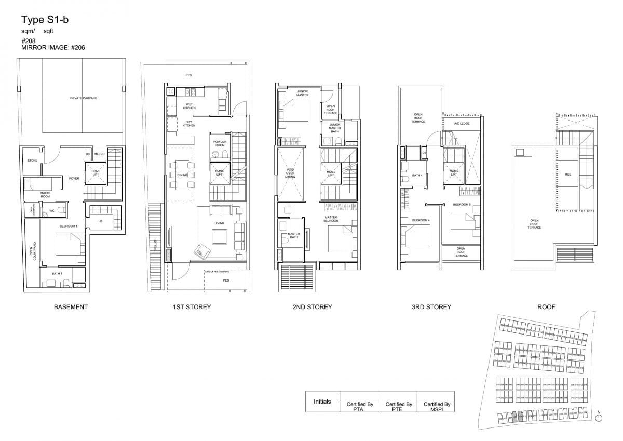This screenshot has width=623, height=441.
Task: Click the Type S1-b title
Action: (45, 20)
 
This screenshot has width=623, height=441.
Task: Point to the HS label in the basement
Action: (100, 221)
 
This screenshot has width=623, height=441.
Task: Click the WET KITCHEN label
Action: (189, 106)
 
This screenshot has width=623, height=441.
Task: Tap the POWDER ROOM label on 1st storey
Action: (220, 143)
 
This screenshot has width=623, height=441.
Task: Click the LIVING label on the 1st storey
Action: (219, 224)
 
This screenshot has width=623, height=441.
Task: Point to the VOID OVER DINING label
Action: (290, 173)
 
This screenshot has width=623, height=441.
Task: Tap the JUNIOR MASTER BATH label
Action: (334, 128)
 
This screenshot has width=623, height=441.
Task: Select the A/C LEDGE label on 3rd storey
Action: (462, 124)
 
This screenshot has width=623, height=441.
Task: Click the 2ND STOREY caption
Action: (312, 307)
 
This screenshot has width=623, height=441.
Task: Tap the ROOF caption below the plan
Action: (546, 307)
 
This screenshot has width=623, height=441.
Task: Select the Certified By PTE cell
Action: (399, 406)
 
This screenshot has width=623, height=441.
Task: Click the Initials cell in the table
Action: (322, 402)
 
